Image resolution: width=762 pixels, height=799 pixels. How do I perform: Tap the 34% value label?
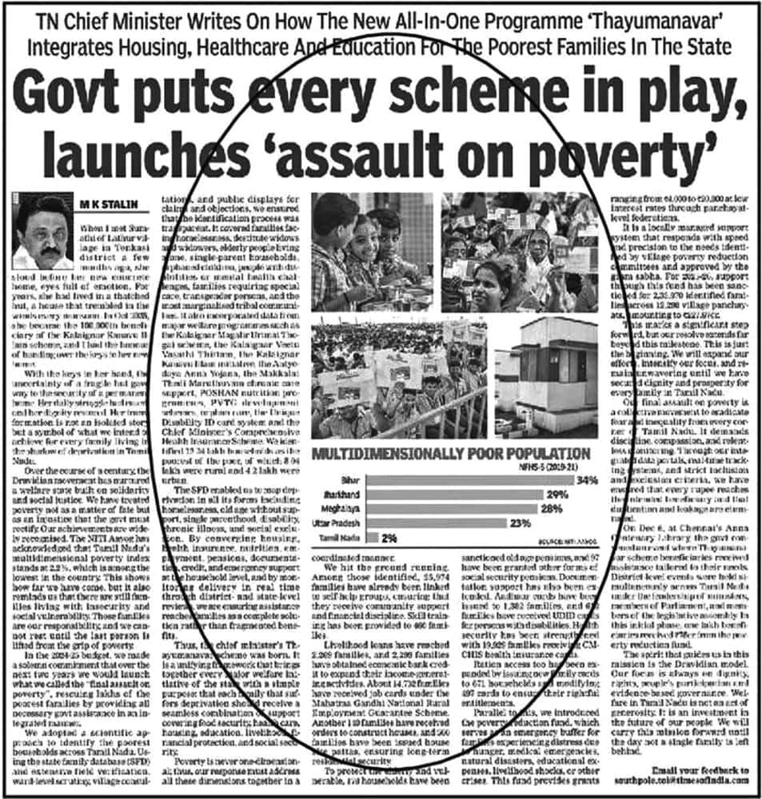tap(588, 480)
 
